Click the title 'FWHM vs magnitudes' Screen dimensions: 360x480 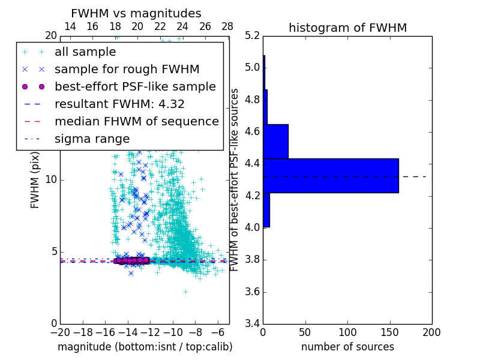point(136,13)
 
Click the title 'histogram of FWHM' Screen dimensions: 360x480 point(347,28)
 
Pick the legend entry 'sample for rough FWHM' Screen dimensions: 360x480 point(127,69)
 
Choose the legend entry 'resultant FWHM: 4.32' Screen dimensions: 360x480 point(119,104)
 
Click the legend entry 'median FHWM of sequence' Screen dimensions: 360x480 point(136,121)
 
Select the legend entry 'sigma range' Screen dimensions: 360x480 point(92,139)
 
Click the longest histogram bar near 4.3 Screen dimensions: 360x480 point(331,175)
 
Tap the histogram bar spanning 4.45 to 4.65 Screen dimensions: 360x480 point(275,141)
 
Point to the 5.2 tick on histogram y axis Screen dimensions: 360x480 point(253,35)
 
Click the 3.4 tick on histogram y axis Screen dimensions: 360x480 point(253,324)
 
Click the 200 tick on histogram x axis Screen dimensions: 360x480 point(432,332)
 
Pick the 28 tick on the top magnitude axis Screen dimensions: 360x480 point(227,26)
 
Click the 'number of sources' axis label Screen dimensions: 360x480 point(347,347)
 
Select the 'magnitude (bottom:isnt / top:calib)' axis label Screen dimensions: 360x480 point(145,347)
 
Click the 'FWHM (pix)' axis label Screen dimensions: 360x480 point(35,180)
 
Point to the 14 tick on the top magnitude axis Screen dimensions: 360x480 point(70,26)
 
